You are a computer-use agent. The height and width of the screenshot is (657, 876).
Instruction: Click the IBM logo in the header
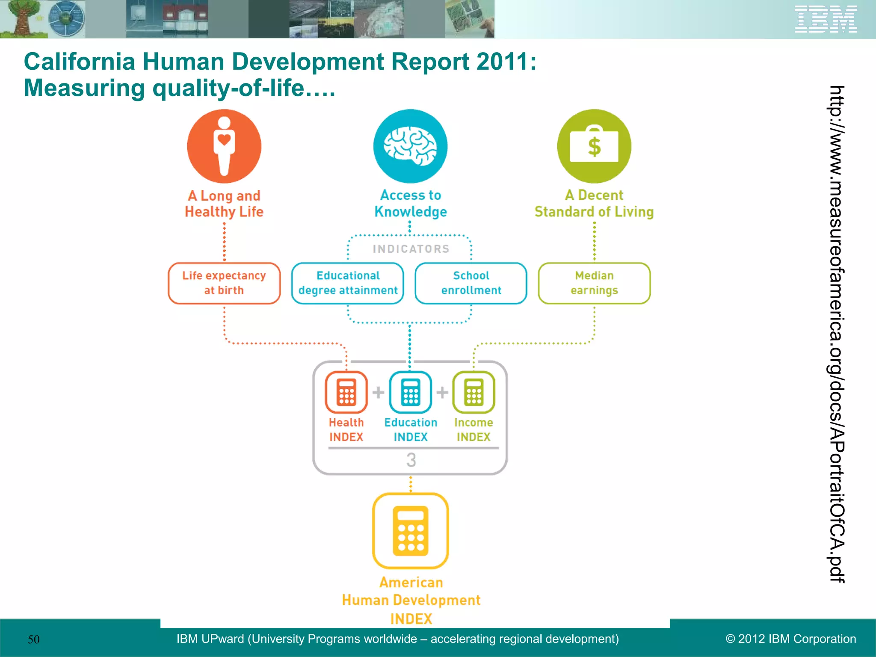click(826, 19)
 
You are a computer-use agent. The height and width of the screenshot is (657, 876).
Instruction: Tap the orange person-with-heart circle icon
click(224, 146)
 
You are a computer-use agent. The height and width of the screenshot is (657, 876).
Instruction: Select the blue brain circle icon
click(410, 146)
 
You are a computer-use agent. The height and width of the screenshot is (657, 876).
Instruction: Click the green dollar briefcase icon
click(594, 146)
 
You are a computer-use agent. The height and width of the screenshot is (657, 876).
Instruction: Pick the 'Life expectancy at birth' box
click(224, 283)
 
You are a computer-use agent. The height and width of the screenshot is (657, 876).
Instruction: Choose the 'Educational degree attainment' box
click(348, 283)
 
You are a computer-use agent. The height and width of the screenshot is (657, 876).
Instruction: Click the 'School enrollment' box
click(471, 283)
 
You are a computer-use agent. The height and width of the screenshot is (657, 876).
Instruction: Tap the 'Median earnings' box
click(594, 283)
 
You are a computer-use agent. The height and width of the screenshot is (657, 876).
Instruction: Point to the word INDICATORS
click(411, 249)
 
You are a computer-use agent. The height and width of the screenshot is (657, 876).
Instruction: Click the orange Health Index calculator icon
click(346, 392)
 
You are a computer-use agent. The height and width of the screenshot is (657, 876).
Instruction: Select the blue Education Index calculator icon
click(410, 392)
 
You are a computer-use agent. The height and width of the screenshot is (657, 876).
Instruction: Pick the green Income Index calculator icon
click(474, 392)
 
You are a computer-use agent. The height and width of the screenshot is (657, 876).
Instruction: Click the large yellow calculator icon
click(411, 531)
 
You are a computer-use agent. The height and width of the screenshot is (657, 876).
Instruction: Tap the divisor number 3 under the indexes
click(411, 460)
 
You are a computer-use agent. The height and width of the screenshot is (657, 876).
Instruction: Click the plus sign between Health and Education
click(378, 392)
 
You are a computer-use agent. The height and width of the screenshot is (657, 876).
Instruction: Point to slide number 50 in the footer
click(33, 639)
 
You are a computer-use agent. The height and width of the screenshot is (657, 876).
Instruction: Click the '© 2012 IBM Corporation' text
click(791, 639)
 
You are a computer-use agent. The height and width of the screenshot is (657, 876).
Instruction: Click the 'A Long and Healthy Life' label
click(224, 204)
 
